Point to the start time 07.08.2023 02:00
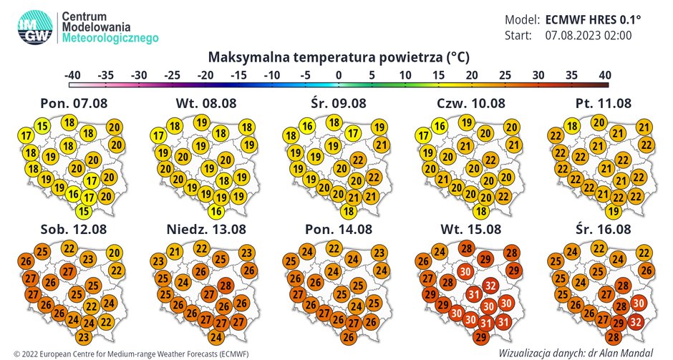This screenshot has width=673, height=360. coord(589,35)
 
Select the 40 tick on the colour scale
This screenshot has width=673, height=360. coord(605,74)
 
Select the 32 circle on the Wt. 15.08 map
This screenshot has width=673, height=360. coord(490,286)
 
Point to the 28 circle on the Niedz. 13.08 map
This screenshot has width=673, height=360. coord(225,286)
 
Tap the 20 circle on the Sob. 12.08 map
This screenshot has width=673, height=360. coord(114,253)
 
